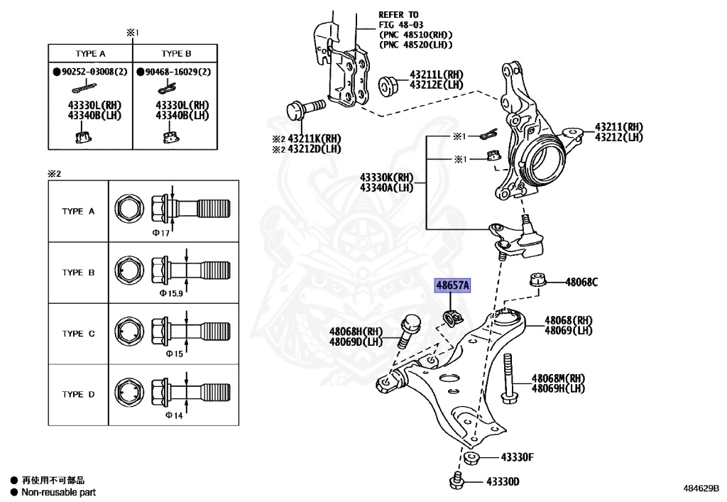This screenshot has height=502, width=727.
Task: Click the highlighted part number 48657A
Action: pyautogui.click(x=452, y=286)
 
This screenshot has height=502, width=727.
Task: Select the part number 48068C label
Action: pyautogui.click(x=581, y=283)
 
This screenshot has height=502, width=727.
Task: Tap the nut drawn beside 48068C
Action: pyautogui.click(x=537, y=280)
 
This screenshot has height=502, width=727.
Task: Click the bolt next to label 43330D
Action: pyautogui.click(x=457, y=481)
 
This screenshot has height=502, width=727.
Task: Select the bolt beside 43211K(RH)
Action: pyautogui.click(x=302, y=110)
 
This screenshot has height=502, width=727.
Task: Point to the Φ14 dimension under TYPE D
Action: pyautogui.click(x=174, y=415)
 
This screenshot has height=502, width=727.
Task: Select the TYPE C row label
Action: pyautogui.click(x=77, y=334)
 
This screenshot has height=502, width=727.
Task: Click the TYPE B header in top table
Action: pyautogui.click(x=176, y=54)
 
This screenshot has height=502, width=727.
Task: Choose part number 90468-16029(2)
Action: pyautogui.click(x=177, y=72)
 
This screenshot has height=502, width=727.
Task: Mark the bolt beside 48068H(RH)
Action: pyautogui.click(x=408, y=329)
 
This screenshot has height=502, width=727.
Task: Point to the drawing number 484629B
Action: pyautogui.click(x=701, y=489)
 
